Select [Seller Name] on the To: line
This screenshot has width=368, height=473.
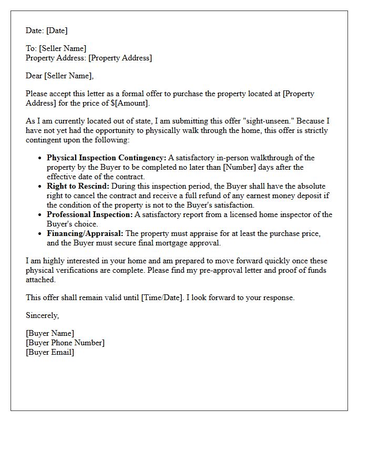coord(63,48)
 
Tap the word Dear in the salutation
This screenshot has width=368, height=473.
coord(34,76)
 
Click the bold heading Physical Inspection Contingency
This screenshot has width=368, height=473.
coord(106,158)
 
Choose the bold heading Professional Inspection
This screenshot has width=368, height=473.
coord(89,214)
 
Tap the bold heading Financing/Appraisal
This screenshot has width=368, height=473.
coord(85,233)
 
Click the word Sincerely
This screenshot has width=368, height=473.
coord(43,315)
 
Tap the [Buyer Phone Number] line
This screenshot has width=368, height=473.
coord(65,343)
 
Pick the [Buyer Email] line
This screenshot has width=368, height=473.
coord(50,352)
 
